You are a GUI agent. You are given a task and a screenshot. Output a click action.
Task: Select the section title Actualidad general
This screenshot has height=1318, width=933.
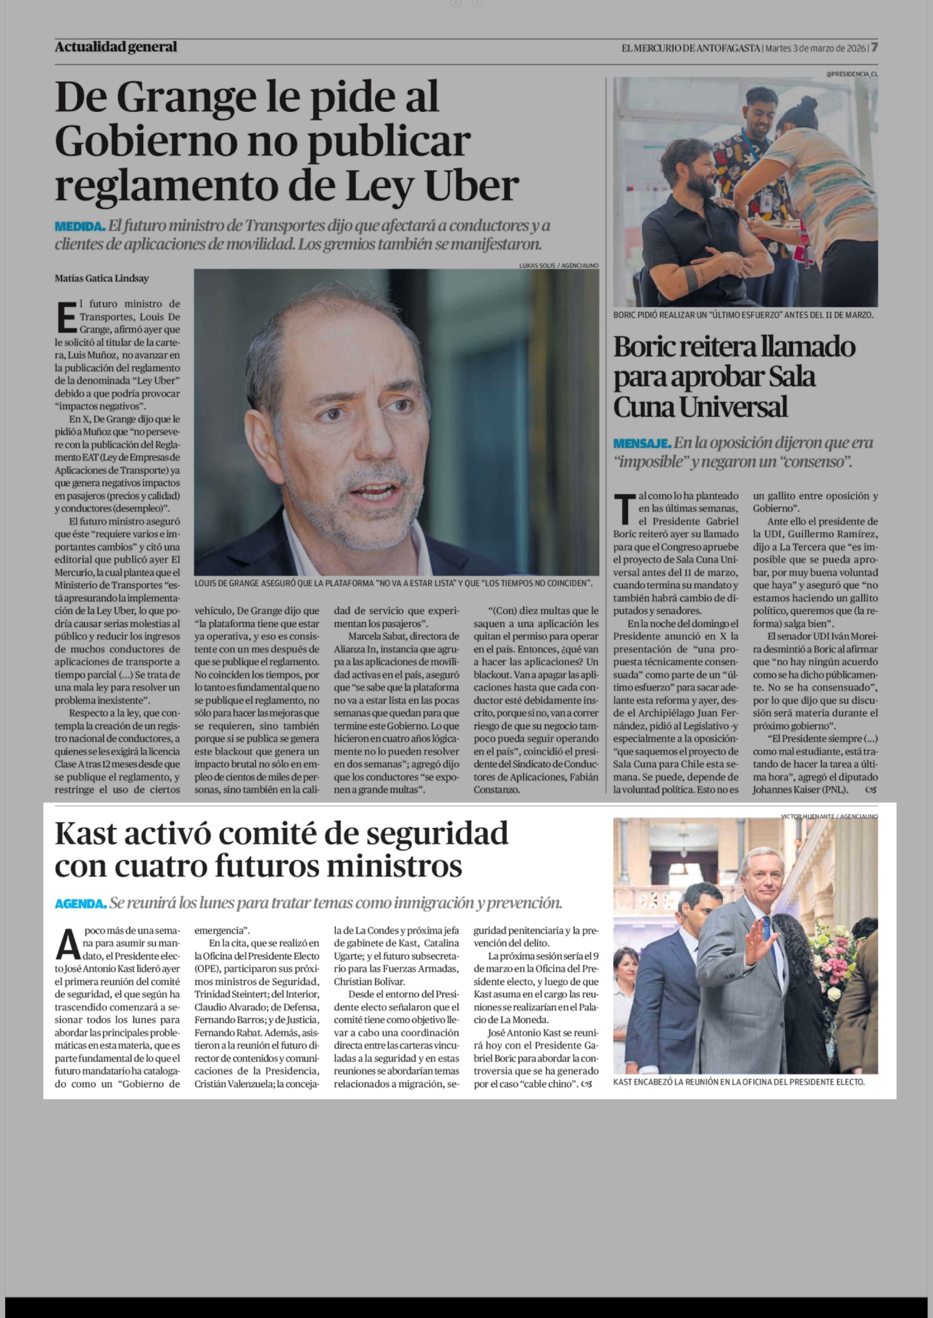[116, 47]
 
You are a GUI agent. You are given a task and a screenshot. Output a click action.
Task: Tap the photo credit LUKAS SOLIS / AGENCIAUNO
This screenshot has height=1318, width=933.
[559, 265]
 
